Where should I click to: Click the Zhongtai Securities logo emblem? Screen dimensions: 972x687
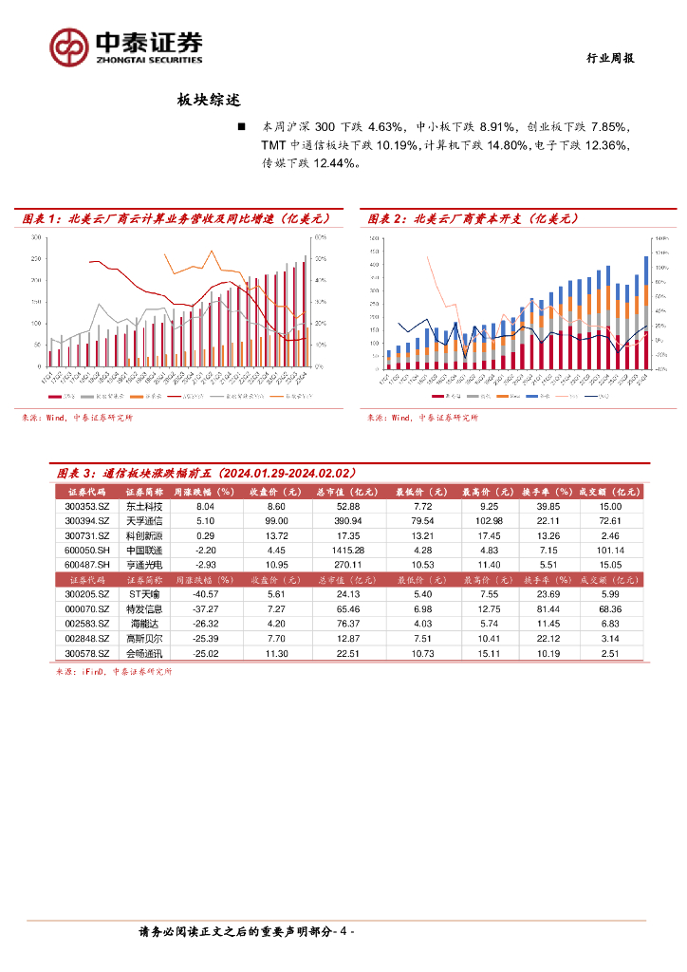(x=68, y=46)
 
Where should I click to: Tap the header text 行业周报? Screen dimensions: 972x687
(x=608, y=58)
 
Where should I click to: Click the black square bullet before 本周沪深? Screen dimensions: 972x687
(x=242, y=126)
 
